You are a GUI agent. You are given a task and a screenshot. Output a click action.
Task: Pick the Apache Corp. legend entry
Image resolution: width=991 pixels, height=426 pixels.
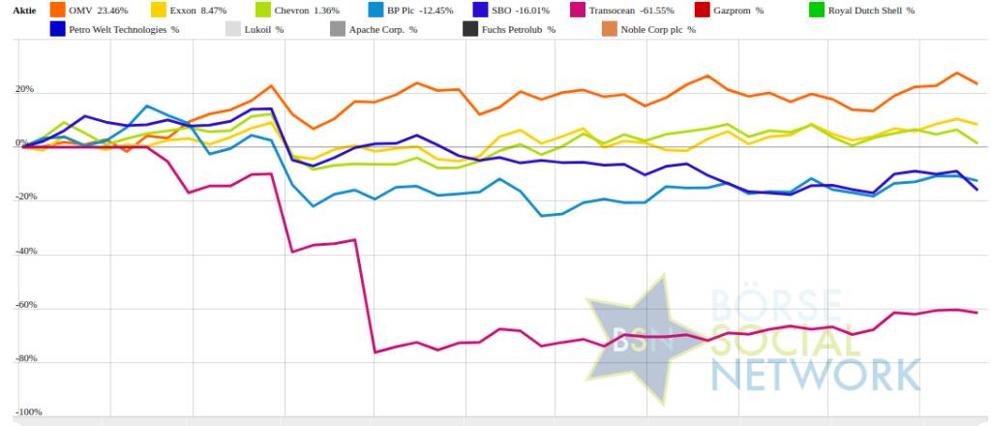pos(383,30)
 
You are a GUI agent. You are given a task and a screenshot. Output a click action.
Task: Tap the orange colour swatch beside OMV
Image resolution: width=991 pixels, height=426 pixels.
pos(58,11)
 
